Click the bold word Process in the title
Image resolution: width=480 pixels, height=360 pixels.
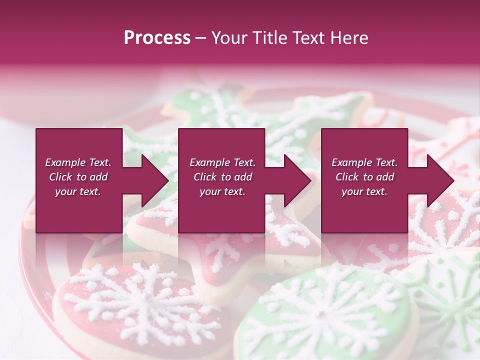157,38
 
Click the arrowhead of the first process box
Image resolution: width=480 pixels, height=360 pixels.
154,180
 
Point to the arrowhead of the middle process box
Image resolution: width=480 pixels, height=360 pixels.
297,180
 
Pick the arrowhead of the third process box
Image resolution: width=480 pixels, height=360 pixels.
440,180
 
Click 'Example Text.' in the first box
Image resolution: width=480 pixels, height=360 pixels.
78,162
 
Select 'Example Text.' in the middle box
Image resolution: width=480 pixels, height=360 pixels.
222,162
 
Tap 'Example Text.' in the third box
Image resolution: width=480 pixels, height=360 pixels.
364,162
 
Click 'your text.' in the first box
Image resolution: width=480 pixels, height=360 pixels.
78,191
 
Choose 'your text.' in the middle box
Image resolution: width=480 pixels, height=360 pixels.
222,191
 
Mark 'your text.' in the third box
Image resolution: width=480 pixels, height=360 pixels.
364,191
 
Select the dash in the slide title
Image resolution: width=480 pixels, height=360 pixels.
201,38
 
